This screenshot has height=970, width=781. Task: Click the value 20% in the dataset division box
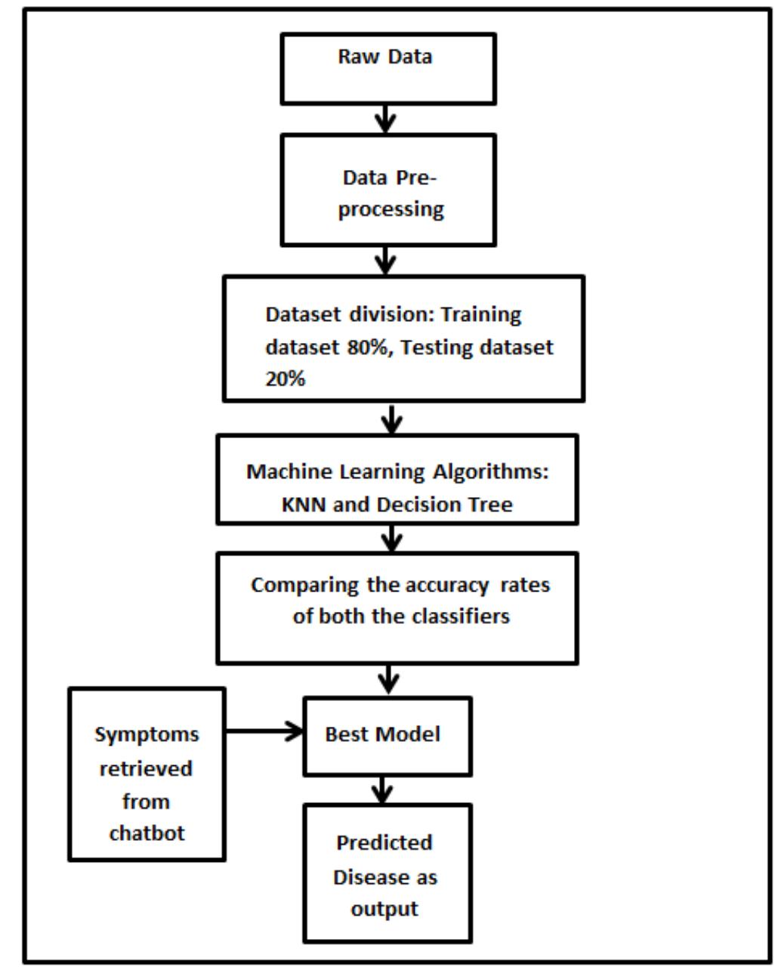click(285, 380)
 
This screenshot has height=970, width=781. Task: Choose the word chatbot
click(147, 833)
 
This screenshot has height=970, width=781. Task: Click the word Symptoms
click(147, 734)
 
